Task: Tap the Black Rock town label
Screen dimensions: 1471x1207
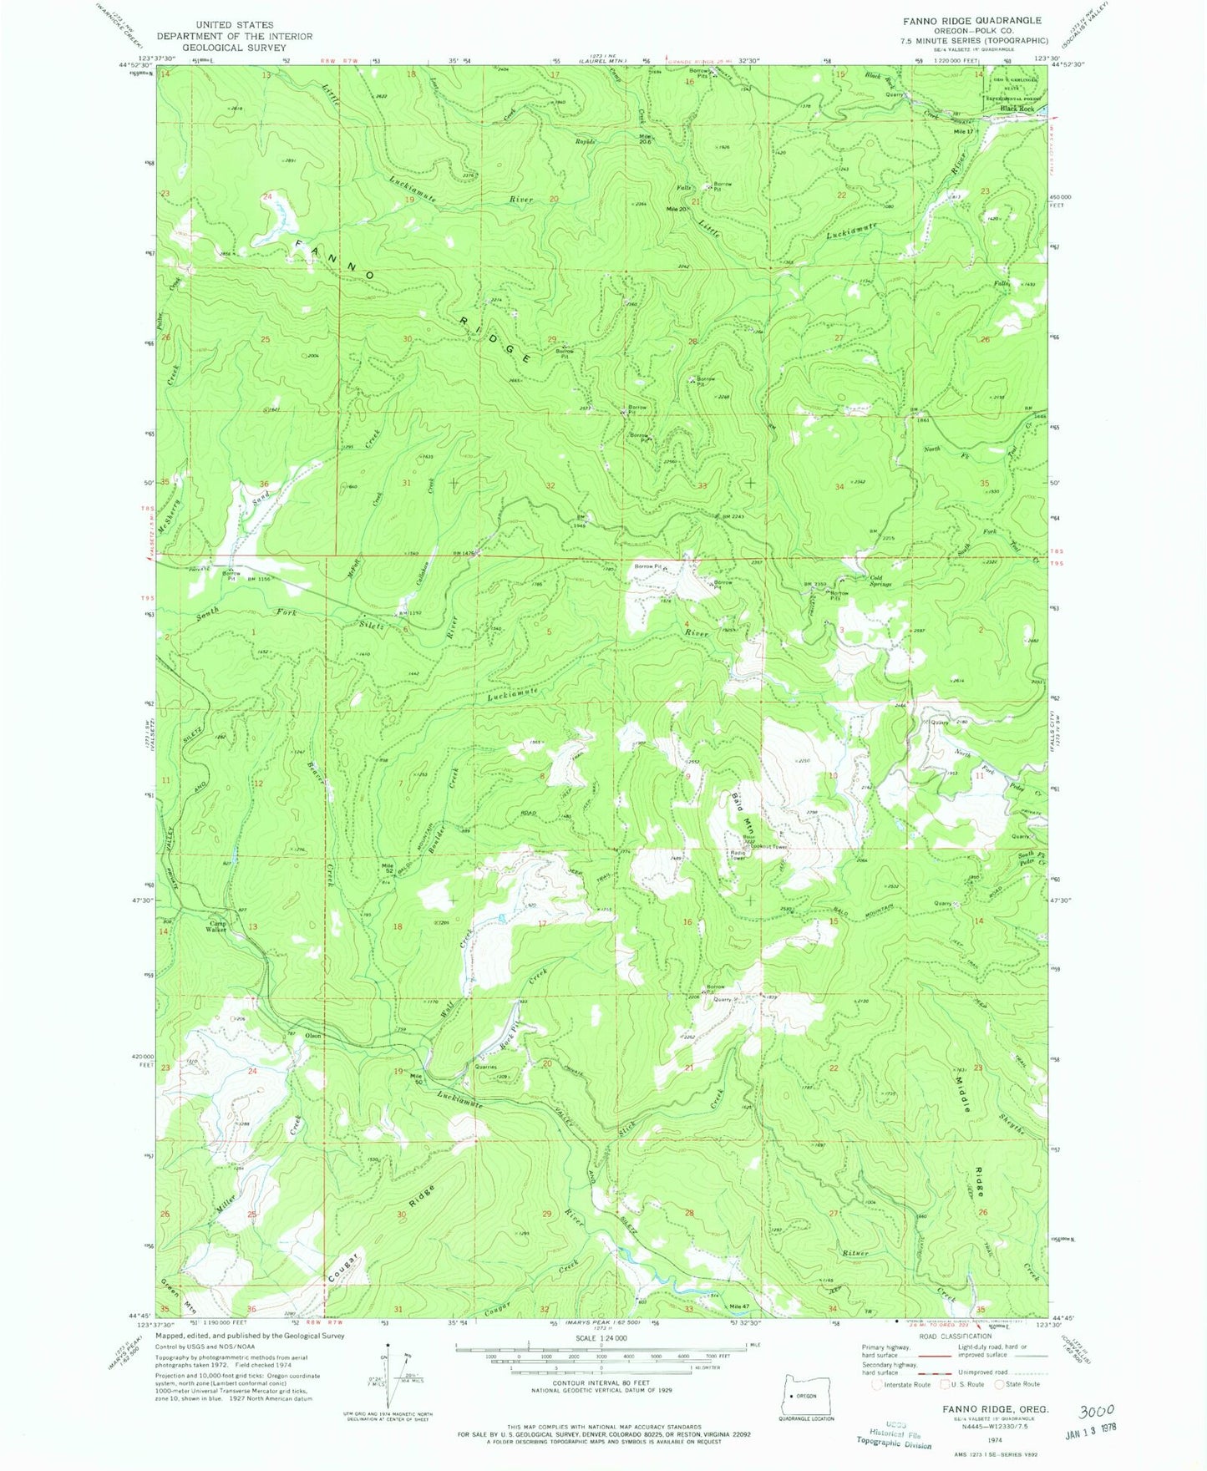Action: pos(1017,109)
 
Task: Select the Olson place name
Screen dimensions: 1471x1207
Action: pos(312,1036)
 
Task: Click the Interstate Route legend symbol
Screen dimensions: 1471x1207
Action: pos(875,1384)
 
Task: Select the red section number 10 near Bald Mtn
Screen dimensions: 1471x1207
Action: pos(832,776)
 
